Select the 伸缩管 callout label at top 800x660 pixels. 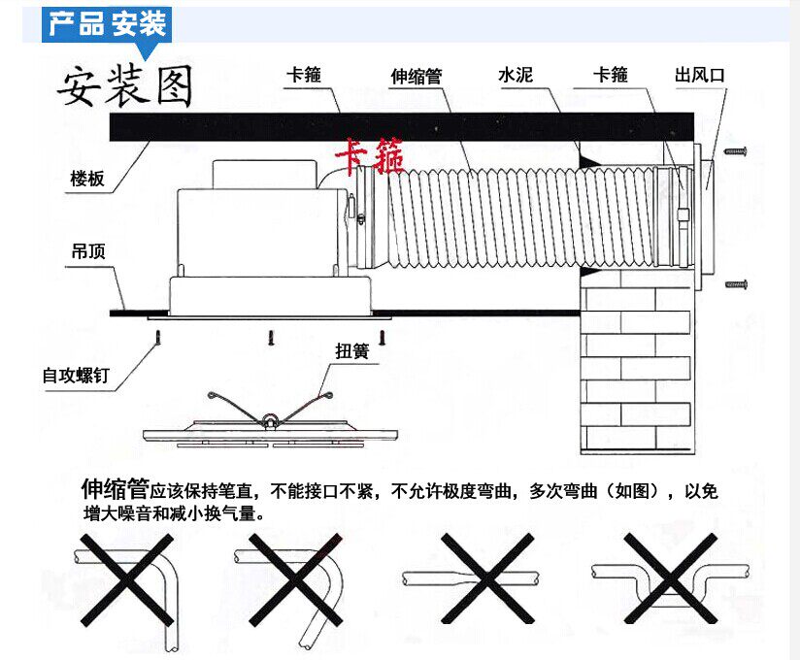pyautogui.click(x=416, y=76)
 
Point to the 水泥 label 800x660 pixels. pyautogui.click(x=516, y=75)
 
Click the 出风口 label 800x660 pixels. pyautogui.click(x=700, y=75)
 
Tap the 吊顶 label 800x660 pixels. pyautogui.click(x=87, y=251)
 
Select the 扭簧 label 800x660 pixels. pyautogui.click(x=351, y=351)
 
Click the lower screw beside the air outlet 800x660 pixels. pyautogui.click(x=737, y=284)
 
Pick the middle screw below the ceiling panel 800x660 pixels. pyautogui.click(x=271, y=338)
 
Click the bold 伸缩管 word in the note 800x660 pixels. pyautogui.click(x=115, y=487)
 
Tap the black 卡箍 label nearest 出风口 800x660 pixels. pyautogui.click(x=610, y=75)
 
